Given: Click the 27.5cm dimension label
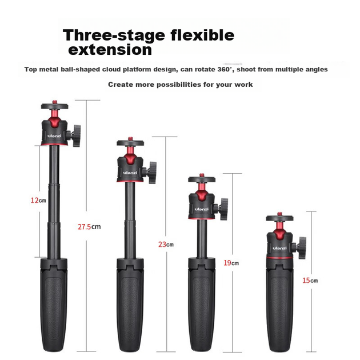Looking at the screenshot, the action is [89, 227].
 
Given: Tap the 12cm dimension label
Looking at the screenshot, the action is [38, 201].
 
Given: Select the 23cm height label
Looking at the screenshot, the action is [166, 245].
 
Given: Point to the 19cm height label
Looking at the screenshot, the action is [231, 263].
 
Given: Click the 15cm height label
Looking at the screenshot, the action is [310, 281].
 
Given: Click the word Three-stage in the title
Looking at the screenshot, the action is [114, 35].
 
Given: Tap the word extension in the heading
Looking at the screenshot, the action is [110, 50].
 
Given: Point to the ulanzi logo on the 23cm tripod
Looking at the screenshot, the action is [130, 173].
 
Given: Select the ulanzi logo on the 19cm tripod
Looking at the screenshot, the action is [202, 209].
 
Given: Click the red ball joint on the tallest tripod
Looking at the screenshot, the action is [55, 119].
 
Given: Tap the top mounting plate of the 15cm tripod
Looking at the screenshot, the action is [279, 218].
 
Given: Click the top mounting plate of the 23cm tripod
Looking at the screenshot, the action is [130, 143].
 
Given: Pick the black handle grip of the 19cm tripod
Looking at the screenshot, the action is [202, 305].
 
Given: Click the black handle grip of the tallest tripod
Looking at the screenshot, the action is [54, 305].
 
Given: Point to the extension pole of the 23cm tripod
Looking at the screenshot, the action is [130, 220].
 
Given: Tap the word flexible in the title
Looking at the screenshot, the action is [202, 35].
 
